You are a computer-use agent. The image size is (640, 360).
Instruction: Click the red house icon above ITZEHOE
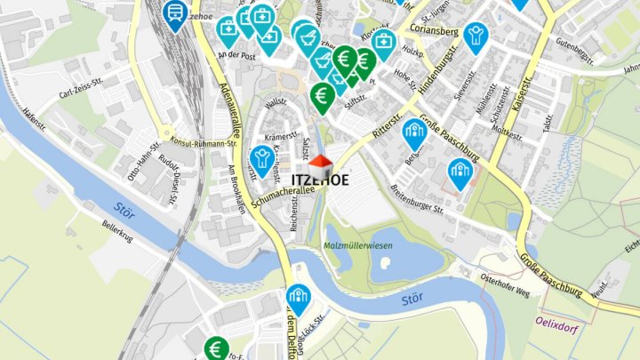[321, 164]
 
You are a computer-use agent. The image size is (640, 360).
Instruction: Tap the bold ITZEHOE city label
[320, 180]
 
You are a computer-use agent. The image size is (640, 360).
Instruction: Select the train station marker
[175, 13]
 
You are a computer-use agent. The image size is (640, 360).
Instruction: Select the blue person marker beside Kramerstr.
[260, 159]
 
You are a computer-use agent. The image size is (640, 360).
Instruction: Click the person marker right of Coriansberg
[476, 36]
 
